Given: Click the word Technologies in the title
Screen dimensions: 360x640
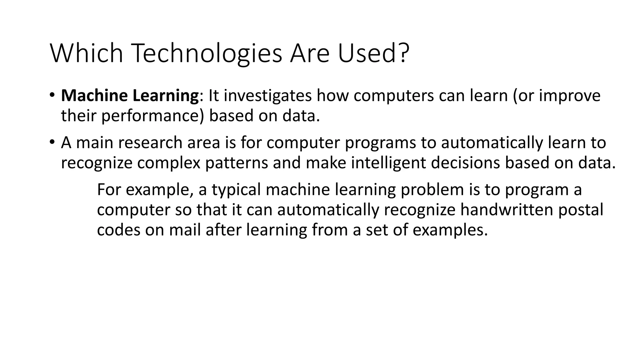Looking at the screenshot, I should (x=207, y=53).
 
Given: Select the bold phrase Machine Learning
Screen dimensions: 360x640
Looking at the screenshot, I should (x=130, y=96).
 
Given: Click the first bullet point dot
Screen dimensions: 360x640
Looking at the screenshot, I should (x=52, y=95).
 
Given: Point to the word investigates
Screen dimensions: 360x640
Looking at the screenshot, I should (x=267, y=96).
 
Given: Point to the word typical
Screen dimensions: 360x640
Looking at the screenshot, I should (x=236, y=190).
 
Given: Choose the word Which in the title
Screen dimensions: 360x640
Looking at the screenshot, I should (x=87, y=53).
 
